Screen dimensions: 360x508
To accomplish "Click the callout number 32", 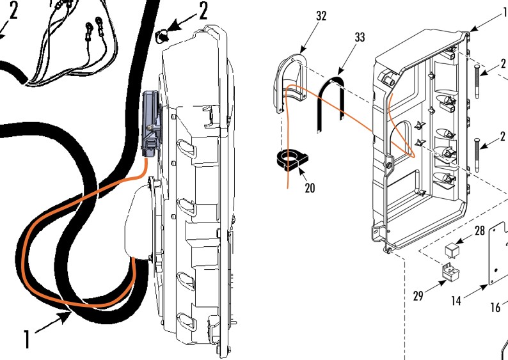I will pyautogui.click(x=321, y=16).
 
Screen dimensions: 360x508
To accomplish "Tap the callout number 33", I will pyautogui.click(x=360, y=38).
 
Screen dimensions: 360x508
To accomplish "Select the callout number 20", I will pyautogui.click(x=310, y=189).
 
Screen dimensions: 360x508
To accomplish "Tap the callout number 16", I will pyautogui.click(x=496, y=308).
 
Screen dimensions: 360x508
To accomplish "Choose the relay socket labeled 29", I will pyautogui.click(x=451, y=274).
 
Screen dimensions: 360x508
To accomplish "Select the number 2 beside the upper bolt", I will pyautogui.click(x=503, y=64).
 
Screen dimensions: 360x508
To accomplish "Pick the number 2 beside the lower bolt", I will pyautogui.click(x=503, y=136).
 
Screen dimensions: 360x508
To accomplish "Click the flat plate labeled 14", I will pyautogui.click(x=498, y=256).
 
